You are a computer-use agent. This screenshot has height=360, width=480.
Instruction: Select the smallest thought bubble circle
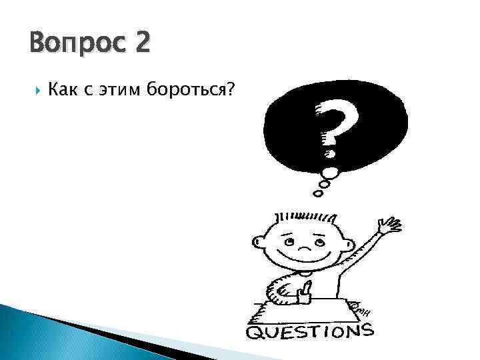317,194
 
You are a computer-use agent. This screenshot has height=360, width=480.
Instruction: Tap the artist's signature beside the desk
364,311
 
